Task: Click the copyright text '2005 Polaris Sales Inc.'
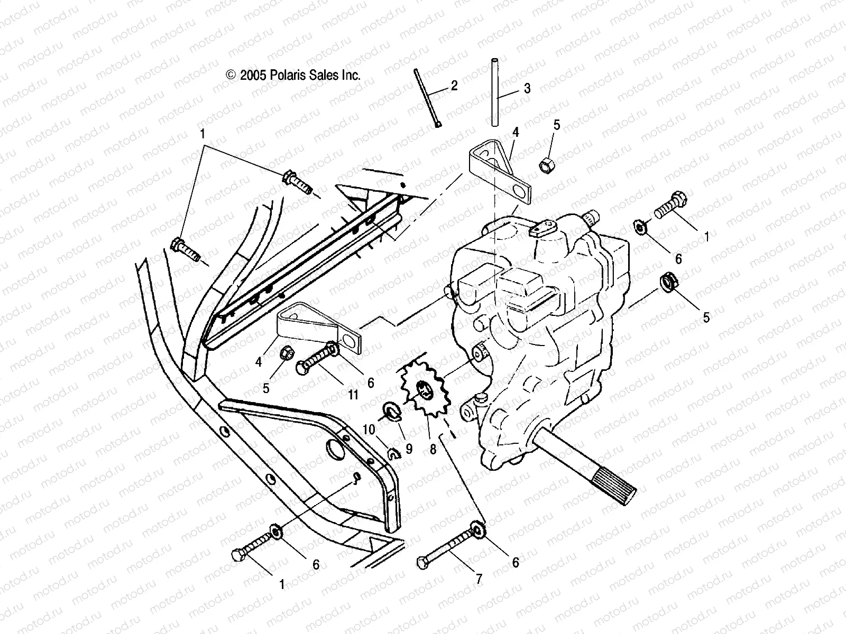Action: (294, 75)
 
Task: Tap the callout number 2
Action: (454, 86)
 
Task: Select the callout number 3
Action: (527, 88)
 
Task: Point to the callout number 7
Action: (479, 580)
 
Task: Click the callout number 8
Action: (433, 449)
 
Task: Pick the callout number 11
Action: (353, 394)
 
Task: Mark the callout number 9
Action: (409, 449)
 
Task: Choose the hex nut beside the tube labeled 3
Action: (546, 164)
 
